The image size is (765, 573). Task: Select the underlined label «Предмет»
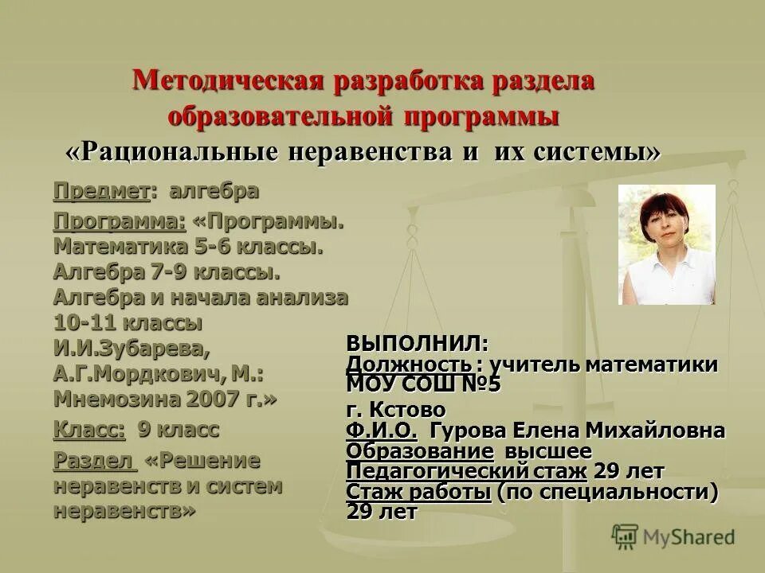pos(102,191)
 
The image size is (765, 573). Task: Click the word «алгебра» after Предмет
pos(214,191)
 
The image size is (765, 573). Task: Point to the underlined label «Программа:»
pos(120,220)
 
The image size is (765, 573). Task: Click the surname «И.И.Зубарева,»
pos(132,348)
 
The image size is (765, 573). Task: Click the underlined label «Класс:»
pos(89,431)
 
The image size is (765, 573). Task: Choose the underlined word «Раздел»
pos(91,461)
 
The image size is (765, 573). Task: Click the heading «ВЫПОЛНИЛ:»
pos(417,344)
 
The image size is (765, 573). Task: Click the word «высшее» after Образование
pos(557,451)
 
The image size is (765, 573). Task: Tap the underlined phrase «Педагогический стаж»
pos(466,471)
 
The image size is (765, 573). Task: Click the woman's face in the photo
pos(664,224)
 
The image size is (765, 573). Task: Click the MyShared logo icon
pos(625,536)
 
